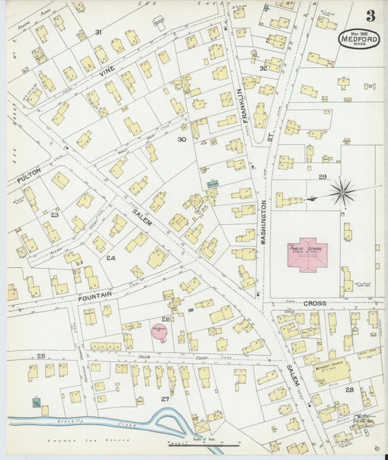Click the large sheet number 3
click(x=371, y=16)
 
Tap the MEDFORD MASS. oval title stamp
click(x=359, y=39)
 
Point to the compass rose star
click(x=341, y=193)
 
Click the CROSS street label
click(x=315, y=303)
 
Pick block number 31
click(x=98, y=31)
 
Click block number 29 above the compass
click(x=322, y=177)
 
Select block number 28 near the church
click(x=349, y=390)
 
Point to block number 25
click(x=41, y=355)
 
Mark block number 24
click(x=110, y=258)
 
